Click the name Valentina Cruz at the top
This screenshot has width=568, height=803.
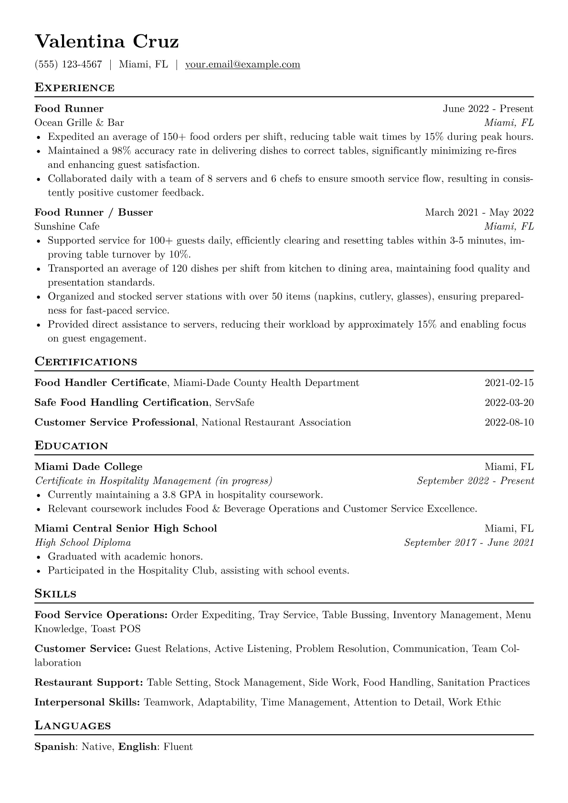coord(106,42)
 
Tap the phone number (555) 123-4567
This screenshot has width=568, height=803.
coord(68,64)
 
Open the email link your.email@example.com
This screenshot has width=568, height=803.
coord(242,64)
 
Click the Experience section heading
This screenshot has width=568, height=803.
coord(74,88)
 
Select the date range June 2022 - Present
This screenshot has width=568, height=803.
coord(488,109)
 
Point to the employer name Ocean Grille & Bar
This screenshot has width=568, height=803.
coord(79,123)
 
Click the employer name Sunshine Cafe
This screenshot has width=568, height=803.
coord(67,226)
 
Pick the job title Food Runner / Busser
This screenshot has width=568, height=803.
coord(94,212)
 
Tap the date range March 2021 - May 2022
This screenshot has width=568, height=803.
coord(479,212)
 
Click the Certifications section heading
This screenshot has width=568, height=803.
coord(86,362)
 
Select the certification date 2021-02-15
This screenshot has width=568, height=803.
coord(509,383)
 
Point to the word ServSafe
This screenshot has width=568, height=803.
coord(235,403)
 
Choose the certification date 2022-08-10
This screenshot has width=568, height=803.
coord(509,422)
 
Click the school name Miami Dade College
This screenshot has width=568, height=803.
coord(88,467)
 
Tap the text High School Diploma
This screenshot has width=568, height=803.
coord(83,542)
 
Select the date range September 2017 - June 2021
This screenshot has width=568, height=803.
coord(469,542)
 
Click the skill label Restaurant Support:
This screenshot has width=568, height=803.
coord(89,683)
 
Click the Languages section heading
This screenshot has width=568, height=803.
coord(73,726)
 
